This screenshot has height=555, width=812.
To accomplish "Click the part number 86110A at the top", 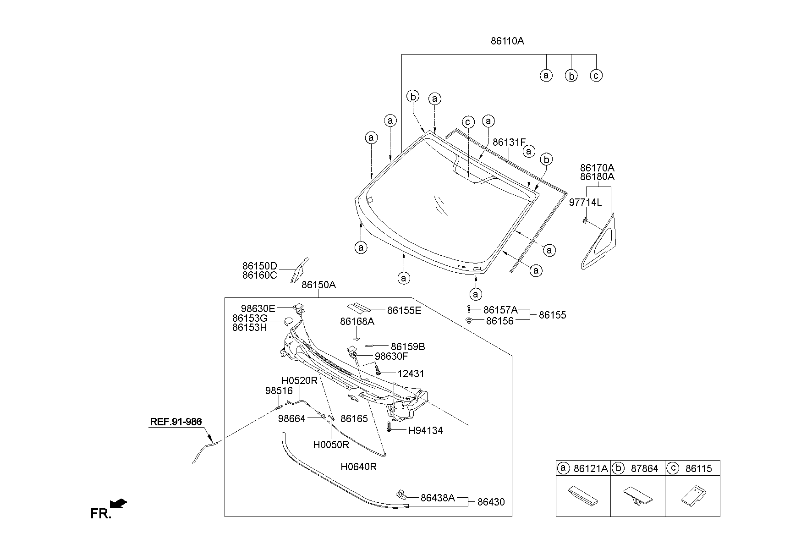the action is (507, 41).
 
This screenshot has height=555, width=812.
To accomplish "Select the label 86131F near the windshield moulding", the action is (509, 143).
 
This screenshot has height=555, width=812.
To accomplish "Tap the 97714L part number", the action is (586, 202).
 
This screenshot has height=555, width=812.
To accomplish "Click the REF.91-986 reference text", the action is (176, 422).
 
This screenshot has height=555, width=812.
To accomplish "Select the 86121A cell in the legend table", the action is (591, 468).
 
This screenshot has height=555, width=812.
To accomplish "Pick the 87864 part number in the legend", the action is (645, 468).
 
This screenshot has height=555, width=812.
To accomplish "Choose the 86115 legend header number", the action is (699, 468).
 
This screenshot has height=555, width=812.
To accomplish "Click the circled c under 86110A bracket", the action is (596, 76).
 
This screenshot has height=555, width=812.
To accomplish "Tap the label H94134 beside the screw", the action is (426, 431).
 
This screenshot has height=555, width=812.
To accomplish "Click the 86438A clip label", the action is (438, 498).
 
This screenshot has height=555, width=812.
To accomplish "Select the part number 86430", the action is (491, 502).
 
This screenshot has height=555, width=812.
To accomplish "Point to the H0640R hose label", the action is (359, 467).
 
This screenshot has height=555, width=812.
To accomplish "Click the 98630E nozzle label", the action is (258, 308).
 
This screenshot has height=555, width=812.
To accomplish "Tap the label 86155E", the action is (405, 311).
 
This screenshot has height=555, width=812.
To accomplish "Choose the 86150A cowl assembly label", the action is (319, 285).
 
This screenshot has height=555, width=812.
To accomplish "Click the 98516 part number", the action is (279, 391).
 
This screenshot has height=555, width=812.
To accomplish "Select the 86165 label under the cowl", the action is (354, 418).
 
